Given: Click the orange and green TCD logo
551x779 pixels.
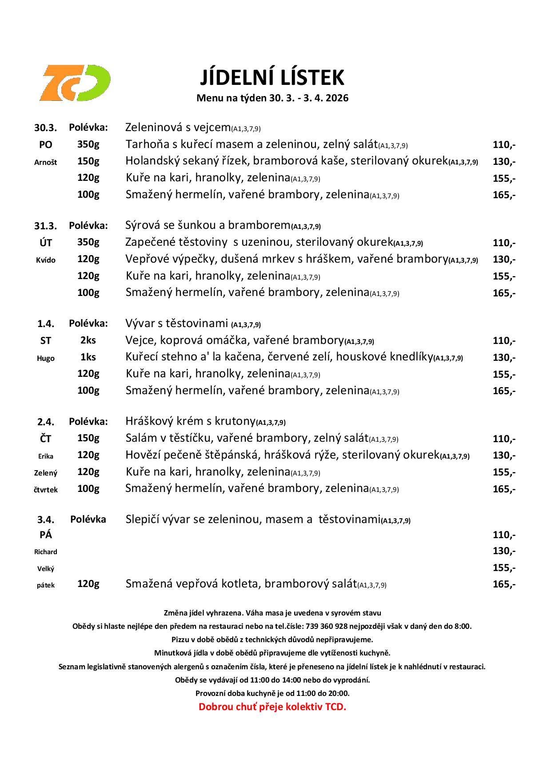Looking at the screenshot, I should coord(74,83).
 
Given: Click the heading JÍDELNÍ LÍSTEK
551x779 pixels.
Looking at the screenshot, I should coord(272,77).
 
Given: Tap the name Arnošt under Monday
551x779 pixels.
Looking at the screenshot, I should coord(46,162).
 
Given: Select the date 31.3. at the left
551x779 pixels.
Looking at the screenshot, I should coord(46,226).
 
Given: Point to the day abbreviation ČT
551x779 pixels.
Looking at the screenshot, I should coord(46,439).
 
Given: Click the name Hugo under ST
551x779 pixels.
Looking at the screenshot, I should coord(46,358).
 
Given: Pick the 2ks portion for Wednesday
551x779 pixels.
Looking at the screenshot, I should coord(88,340).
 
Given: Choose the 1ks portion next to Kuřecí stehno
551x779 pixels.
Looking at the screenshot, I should coord(88,357).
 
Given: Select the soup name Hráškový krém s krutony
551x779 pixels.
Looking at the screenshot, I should coord(190,421).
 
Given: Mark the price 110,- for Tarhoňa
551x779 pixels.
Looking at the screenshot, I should coord(504,145).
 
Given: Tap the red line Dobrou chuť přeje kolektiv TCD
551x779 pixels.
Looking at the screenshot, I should coord(272,707).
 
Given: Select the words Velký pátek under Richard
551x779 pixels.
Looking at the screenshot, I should coord(46,577).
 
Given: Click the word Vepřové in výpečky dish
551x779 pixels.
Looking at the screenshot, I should coord(147,259).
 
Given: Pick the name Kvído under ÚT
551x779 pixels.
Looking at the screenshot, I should coord(46,260).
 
